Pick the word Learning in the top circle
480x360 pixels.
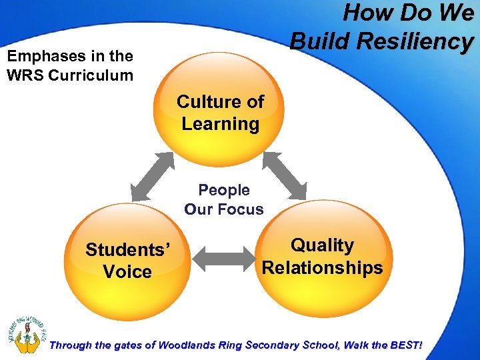click(x=221, y=124)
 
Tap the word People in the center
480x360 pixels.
click(x=224, y=190)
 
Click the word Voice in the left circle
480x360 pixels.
click(x=127, y=272)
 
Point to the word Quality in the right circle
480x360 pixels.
click(x=323, y=245)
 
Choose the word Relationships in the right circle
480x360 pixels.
click(x=323, y=268)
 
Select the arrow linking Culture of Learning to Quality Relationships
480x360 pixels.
click(x=285, y=175)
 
